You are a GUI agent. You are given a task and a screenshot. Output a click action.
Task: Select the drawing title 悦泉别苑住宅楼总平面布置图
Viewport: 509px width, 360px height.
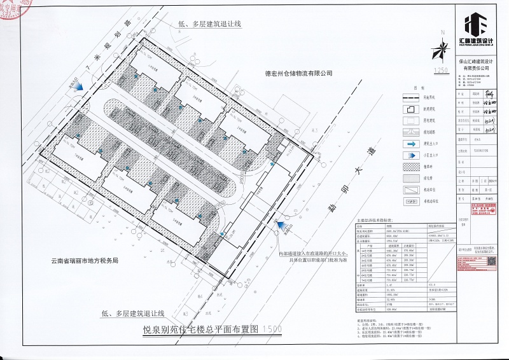(x=202, y=329)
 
